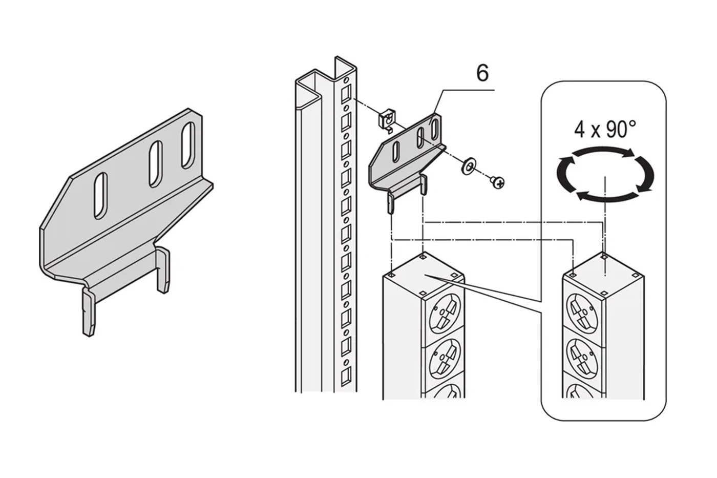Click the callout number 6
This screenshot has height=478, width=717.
pyautogui.click(x=482, y=73)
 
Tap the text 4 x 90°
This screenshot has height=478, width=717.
pyautogui.click(x=605, y=130)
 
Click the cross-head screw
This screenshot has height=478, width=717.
pyautogui.click(x=497, y=182)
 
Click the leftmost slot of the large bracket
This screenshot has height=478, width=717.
pyautogui.click(x=100, y=196)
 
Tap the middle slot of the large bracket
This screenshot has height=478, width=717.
pyautogui.click(x=156, y=163)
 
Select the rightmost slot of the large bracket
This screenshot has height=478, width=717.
pyautogui.click(x=188, y=145)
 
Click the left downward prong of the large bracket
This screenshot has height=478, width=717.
pyautogui.click(x=89, y=311)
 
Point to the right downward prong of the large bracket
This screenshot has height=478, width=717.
pyautogui.click(x=163, y=269)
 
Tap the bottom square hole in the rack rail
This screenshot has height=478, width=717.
pyautogui.click(x=346, y=376)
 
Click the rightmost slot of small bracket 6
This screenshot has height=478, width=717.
pyautogui.click(x=434, y=129)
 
